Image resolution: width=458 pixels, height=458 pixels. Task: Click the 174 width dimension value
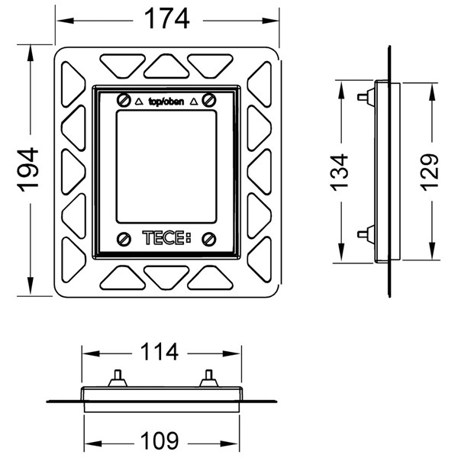pyautogui.click(x=166, y=18)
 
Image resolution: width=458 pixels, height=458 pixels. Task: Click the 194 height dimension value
pyautogui.click(x=28, y=169)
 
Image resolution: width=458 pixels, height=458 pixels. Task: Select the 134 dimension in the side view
pyautogui.click(x=340, y=173)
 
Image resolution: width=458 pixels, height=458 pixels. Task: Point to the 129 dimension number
pyautogui.click(x=430, y=173)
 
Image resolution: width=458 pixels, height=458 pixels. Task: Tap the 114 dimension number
pyautogui.click(x=160, y=352)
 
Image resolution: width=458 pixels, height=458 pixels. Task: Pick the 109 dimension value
pyautogui.click(x=160, y=440)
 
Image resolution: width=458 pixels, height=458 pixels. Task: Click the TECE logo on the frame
pyautogui.click(x=166, y=237)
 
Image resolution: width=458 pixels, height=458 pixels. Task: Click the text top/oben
pyautogui.click(x=166, y=102)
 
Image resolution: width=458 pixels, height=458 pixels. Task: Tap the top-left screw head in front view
pyautogui.click(x=124, y=100)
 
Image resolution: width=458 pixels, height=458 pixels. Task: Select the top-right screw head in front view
pyautogui.click(x=209, y=100)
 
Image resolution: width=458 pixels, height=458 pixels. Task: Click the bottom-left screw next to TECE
pyautogui.click(x=124, y=239)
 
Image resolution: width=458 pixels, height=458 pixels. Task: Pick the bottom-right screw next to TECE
pyautogui.click(x=209, y=239)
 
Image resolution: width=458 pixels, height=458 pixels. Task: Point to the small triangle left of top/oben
pyautogui.click(x=139, y=102)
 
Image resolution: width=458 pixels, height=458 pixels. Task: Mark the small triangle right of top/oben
pyautogui.click(x=194, y=102)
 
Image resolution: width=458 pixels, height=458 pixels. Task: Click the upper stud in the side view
pyautogui.click(x=366, y=96)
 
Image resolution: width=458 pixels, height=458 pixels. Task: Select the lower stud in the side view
pyautogui.click(x=366, y=234)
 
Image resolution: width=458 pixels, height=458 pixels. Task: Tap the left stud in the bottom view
pyautogui.click(x=118, y=379)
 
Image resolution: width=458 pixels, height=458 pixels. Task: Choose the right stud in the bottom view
pyautogui.click(x=209, y=379)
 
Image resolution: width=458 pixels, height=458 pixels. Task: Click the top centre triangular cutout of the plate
pyautogui.click(x=166, y=66)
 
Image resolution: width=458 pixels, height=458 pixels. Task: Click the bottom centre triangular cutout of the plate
pyautogui.click(x=166, y=278)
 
